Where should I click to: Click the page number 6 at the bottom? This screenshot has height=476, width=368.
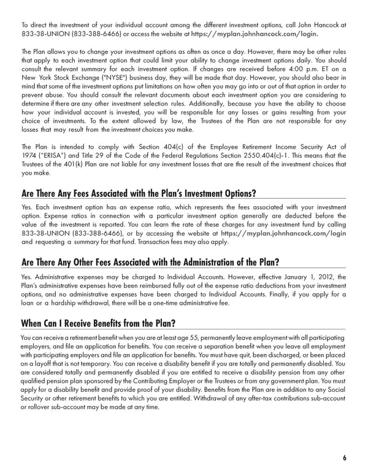(344, 457)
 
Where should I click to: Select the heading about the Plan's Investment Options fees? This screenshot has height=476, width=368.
(139, 194)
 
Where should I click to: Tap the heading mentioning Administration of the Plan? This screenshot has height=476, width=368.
(150, 263)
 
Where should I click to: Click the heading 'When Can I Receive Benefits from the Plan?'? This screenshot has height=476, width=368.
(100, 323)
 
